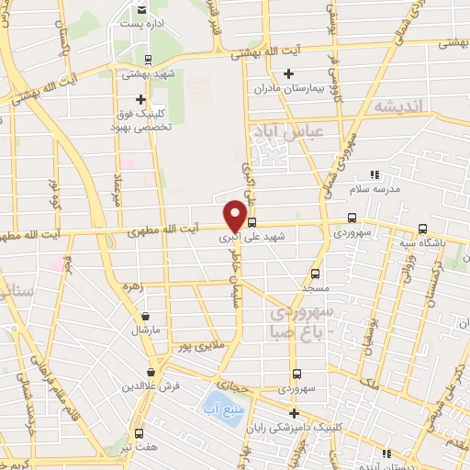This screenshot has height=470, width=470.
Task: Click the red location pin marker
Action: [x=236, y=216]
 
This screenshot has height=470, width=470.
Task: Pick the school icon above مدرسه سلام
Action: [x=373, y=174]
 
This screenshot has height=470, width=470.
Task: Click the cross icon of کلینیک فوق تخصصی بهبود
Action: [x=141, y=99]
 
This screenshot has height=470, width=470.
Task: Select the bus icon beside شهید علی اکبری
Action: [x=252, y=221]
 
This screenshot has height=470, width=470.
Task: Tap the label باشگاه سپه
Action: [x=421, y=243]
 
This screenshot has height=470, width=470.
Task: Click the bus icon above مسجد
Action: [x=315, y=273]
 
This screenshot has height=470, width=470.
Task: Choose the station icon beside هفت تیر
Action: [x=138, y=433]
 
